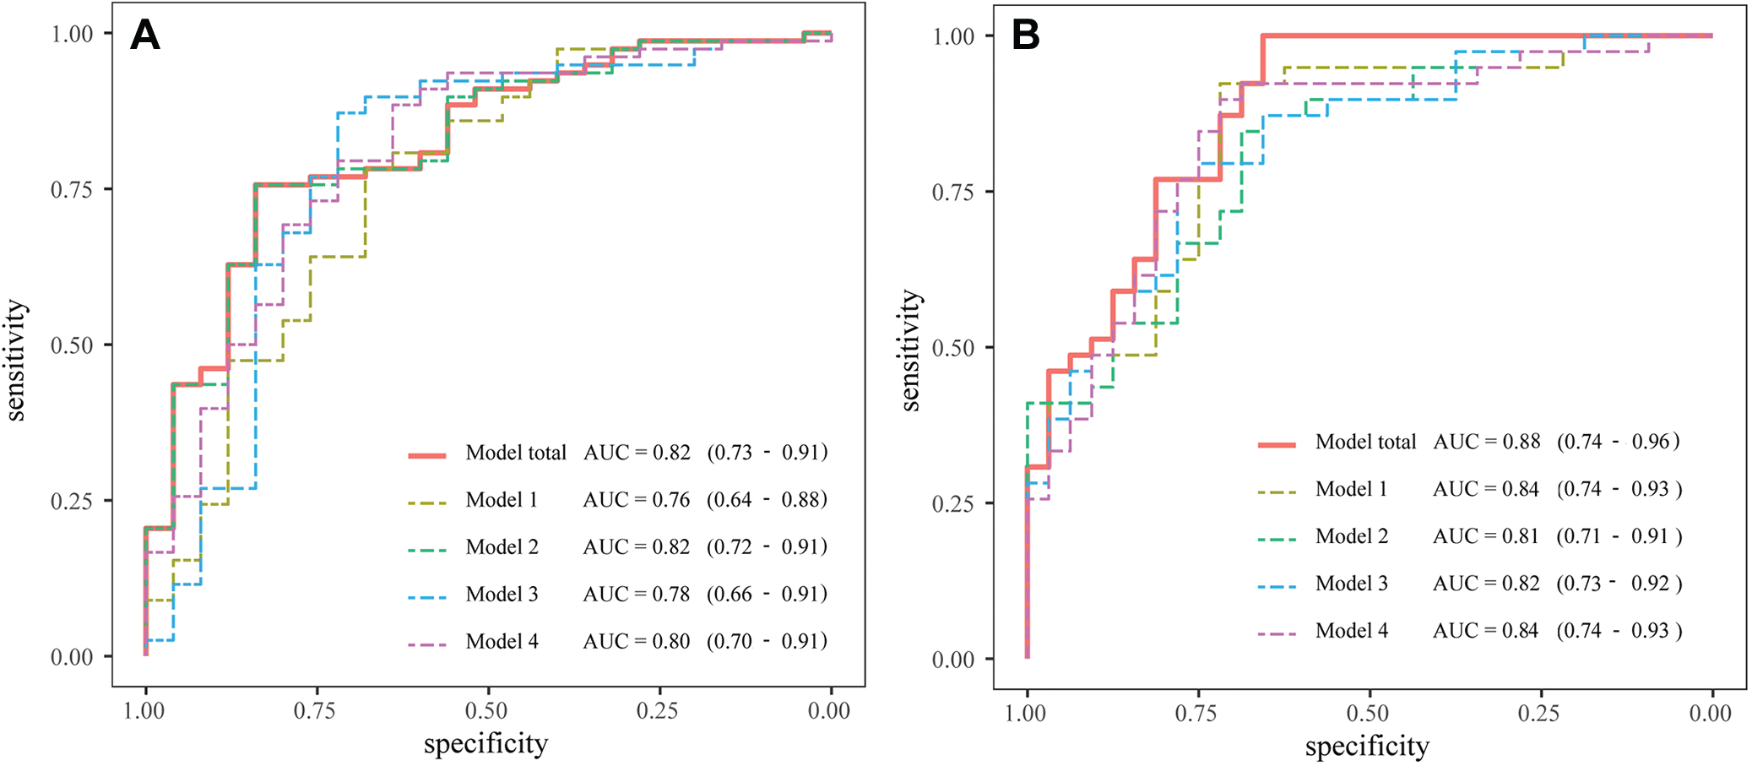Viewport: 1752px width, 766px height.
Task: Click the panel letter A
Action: click(x=145, y=35)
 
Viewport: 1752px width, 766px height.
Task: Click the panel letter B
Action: click(x=1025, y=35)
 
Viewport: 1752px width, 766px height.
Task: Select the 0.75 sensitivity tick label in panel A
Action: click(x=72, y=190)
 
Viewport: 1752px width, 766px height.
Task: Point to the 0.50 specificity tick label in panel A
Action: click(x=486, y=710)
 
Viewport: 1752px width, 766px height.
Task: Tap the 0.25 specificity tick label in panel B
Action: click(x=1538, y=714)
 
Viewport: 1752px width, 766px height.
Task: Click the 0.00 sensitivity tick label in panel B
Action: click(x=953, y=660)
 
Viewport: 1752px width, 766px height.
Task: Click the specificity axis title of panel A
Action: click(x=485, y=744)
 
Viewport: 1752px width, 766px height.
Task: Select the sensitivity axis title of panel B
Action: click(x=910, y=350)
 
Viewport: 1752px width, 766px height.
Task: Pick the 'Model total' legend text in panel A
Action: click(x=516, y=453)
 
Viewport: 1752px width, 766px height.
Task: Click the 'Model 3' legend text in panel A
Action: click(x=502, y=595)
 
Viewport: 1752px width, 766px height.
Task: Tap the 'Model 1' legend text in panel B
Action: click(x=1351, y=490)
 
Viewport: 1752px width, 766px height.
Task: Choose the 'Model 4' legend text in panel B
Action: click(x=1351, y=631)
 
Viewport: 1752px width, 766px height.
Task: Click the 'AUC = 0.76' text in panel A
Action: click(x=637, y=500)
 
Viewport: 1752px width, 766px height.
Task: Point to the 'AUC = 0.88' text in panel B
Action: click(x=1487, y=442)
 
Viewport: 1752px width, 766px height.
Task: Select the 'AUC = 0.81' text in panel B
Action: click(x=1486, y=536)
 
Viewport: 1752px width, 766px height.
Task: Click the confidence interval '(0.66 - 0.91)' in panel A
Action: click(x=768, y=595)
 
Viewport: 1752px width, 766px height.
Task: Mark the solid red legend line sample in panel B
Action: click(x=1277, y=444)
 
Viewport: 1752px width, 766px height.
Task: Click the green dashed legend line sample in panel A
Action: click(x=427, y=550)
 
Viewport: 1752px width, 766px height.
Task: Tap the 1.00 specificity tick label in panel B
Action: click(x=1026, y=714)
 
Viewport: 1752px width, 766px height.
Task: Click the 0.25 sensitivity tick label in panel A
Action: click(x=72, y=502)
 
